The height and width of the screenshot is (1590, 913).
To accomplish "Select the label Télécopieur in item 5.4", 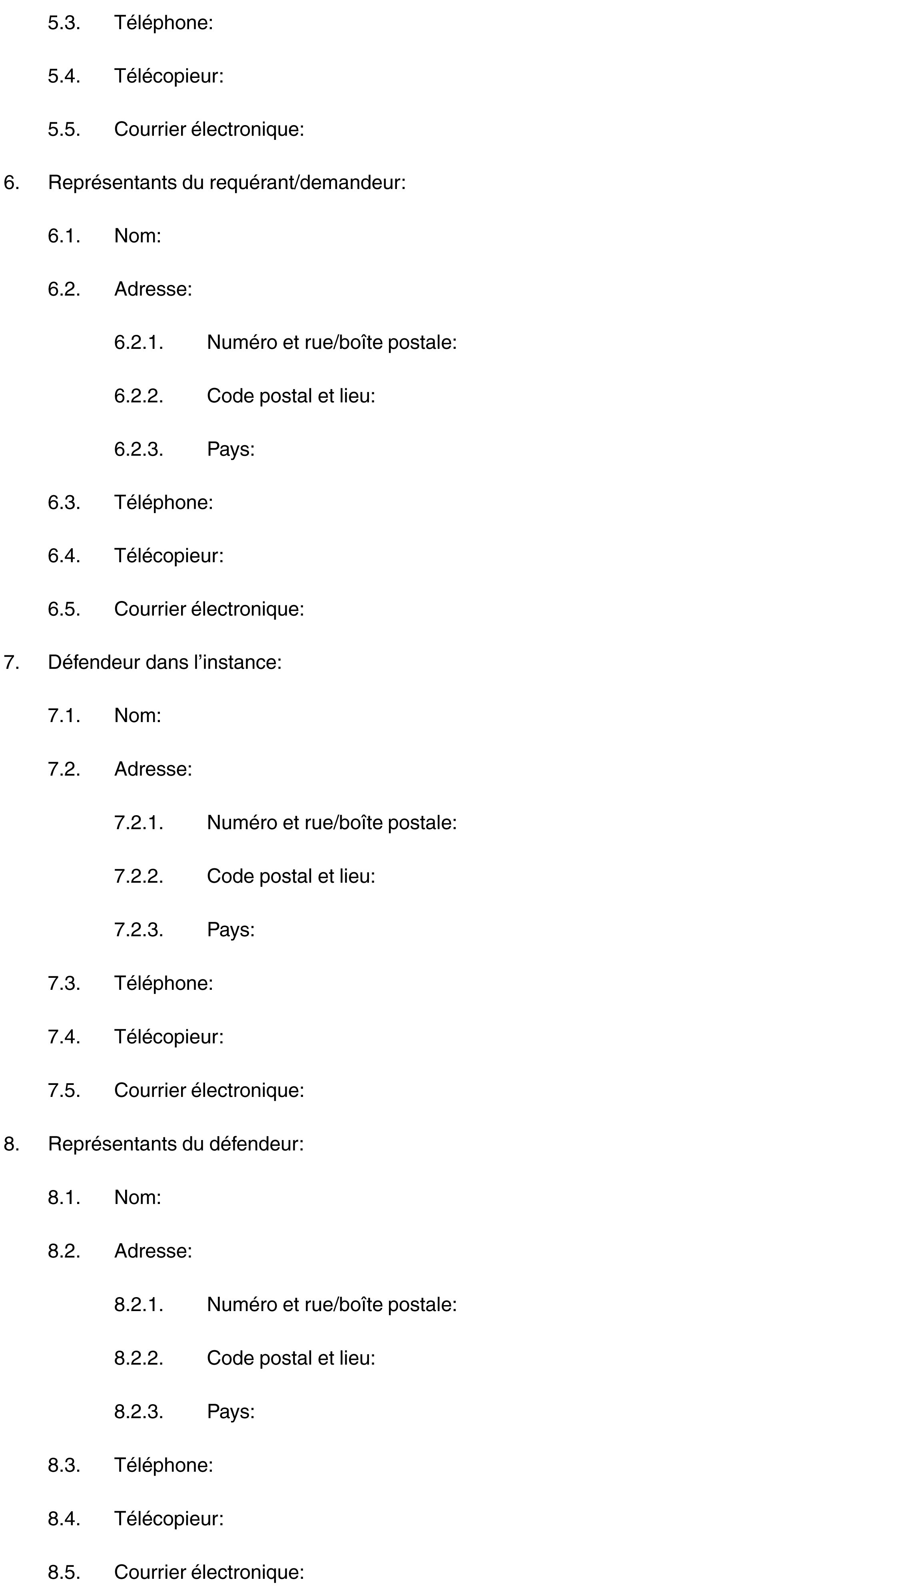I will [x=168, y=76].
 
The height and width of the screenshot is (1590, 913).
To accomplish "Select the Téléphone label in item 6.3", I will [x=163, y=503].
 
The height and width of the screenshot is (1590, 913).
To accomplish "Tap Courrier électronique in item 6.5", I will [x=209, y=609].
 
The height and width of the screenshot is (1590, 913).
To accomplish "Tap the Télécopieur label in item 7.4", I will [x=168, y=1037].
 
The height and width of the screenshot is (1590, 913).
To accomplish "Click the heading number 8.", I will [x=11, y=1144].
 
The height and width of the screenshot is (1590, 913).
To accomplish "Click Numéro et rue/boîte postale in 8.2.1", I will [x=331, y=1304].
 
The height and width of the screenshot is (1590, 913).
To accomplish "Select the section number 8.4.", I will [x=64, y=1518].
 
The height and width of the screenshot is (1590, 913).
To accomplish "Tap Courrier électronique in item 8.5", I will [x=209, y=1572].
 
